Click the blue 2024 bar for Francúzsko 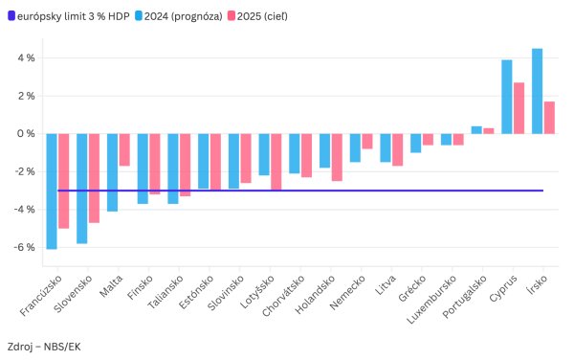[x=52, y=191]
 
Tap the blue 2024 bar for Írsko [x=537, y=91]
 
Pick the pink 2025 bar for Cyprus [x=519, y=108]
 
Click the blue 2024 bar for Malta [x=113, y=172]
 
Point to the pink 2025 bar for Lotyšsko [x=276, y=162]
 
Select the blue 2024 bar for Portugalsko [x=476, y=130]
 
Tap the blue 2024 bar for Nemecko [x=355, y=147]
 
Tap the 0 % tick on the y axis [x=26, y=134]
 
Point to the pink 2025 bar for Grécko [x=428, y=140]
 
